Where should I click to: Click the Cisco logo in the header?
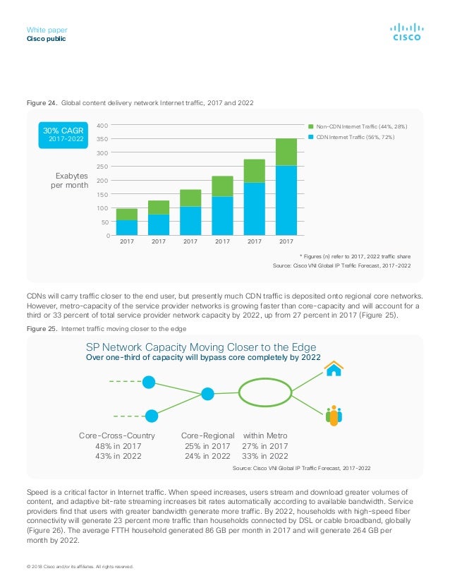[407, 32]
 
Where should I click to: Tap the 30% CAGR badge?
[63, 135]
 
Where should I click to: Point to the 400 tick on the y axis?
[102, 126]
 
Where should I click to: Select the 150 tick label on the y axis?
[102, 195]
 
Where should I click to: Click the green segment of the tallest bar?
[286, 152]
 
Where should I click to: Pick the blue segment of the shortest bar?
[127, 227]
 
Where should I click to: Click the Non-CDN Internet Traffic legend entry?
[358, 126]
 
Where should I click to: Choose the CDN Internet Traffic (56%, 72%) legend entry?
[351, 137]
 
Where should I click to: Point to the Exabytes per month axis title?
[70, 180]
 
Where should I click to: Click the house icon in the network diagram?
[334, 368]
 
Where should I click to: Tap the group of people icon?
[334, 415]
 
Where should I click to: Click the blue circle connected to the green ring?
[207, 394]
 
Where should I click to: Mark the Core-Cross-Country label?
[116, 435]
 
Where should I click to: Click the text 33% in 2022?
[265, 456]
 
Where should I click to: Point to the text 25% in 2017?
[207, 446]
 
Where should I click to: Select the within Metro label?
[265, 435]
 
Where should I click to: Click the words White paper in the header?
[47, 30]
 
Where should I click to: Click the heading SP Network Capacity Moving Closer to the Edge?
[201, 347]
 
